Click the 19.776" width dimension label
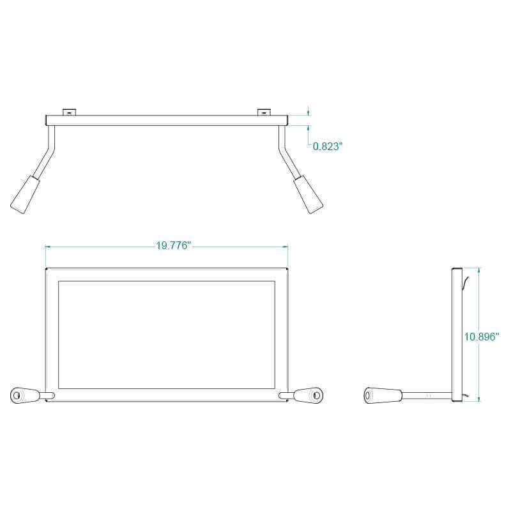click(x=173, y=247)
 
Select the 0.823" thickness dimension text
click(x=328, y=146)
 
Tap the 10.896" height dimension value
click(x=482, y=336)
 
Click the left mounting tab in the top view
click(x=69, y=112)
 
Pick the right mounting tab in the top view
click(x=264, y=112)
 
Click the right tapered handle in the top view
click(x=309, y=194)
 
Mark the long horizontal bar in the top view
click(x=167, y=120)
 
